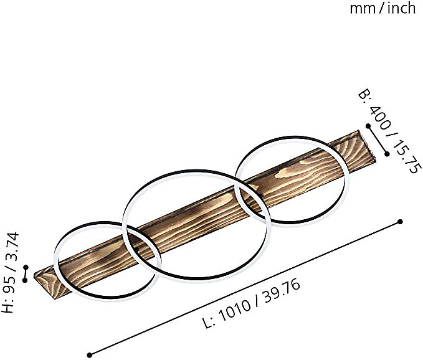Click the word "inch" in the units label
coord(401,8)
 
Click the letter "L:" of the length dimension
coord(209,321)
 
